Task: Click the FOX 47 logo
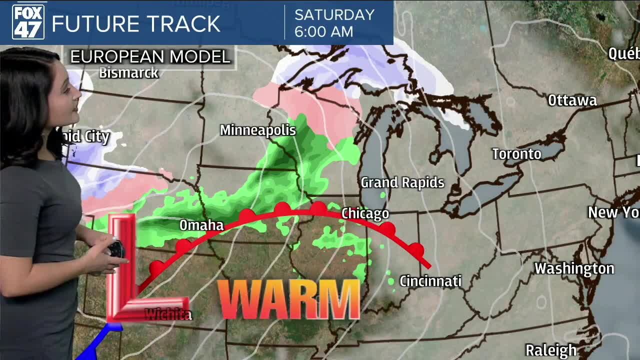[28, 22]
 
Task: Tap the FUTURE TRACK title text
[135, 23]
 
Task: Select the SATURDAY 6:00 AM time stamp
[334, 23]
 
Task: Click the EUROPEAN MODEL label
[149, 56]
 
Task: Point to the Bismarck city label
[128, 73]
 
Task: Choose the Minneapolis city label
[258, 130]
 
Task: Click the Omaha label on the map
[201, 225]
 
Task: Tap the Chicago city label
[365, 214]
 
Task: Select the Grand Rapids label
[402, 182]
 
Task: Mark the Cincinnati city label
[430, 281]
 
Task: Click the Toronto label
[516, 154]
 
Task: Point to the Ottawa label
[572, 100]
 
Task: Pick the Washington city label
[574, 268]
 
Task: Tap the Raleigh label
[551, 350]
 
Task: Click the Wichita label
[168, 314]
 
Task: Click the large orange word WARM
[289, 299]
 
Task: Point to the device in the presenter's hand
[116, 248]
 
